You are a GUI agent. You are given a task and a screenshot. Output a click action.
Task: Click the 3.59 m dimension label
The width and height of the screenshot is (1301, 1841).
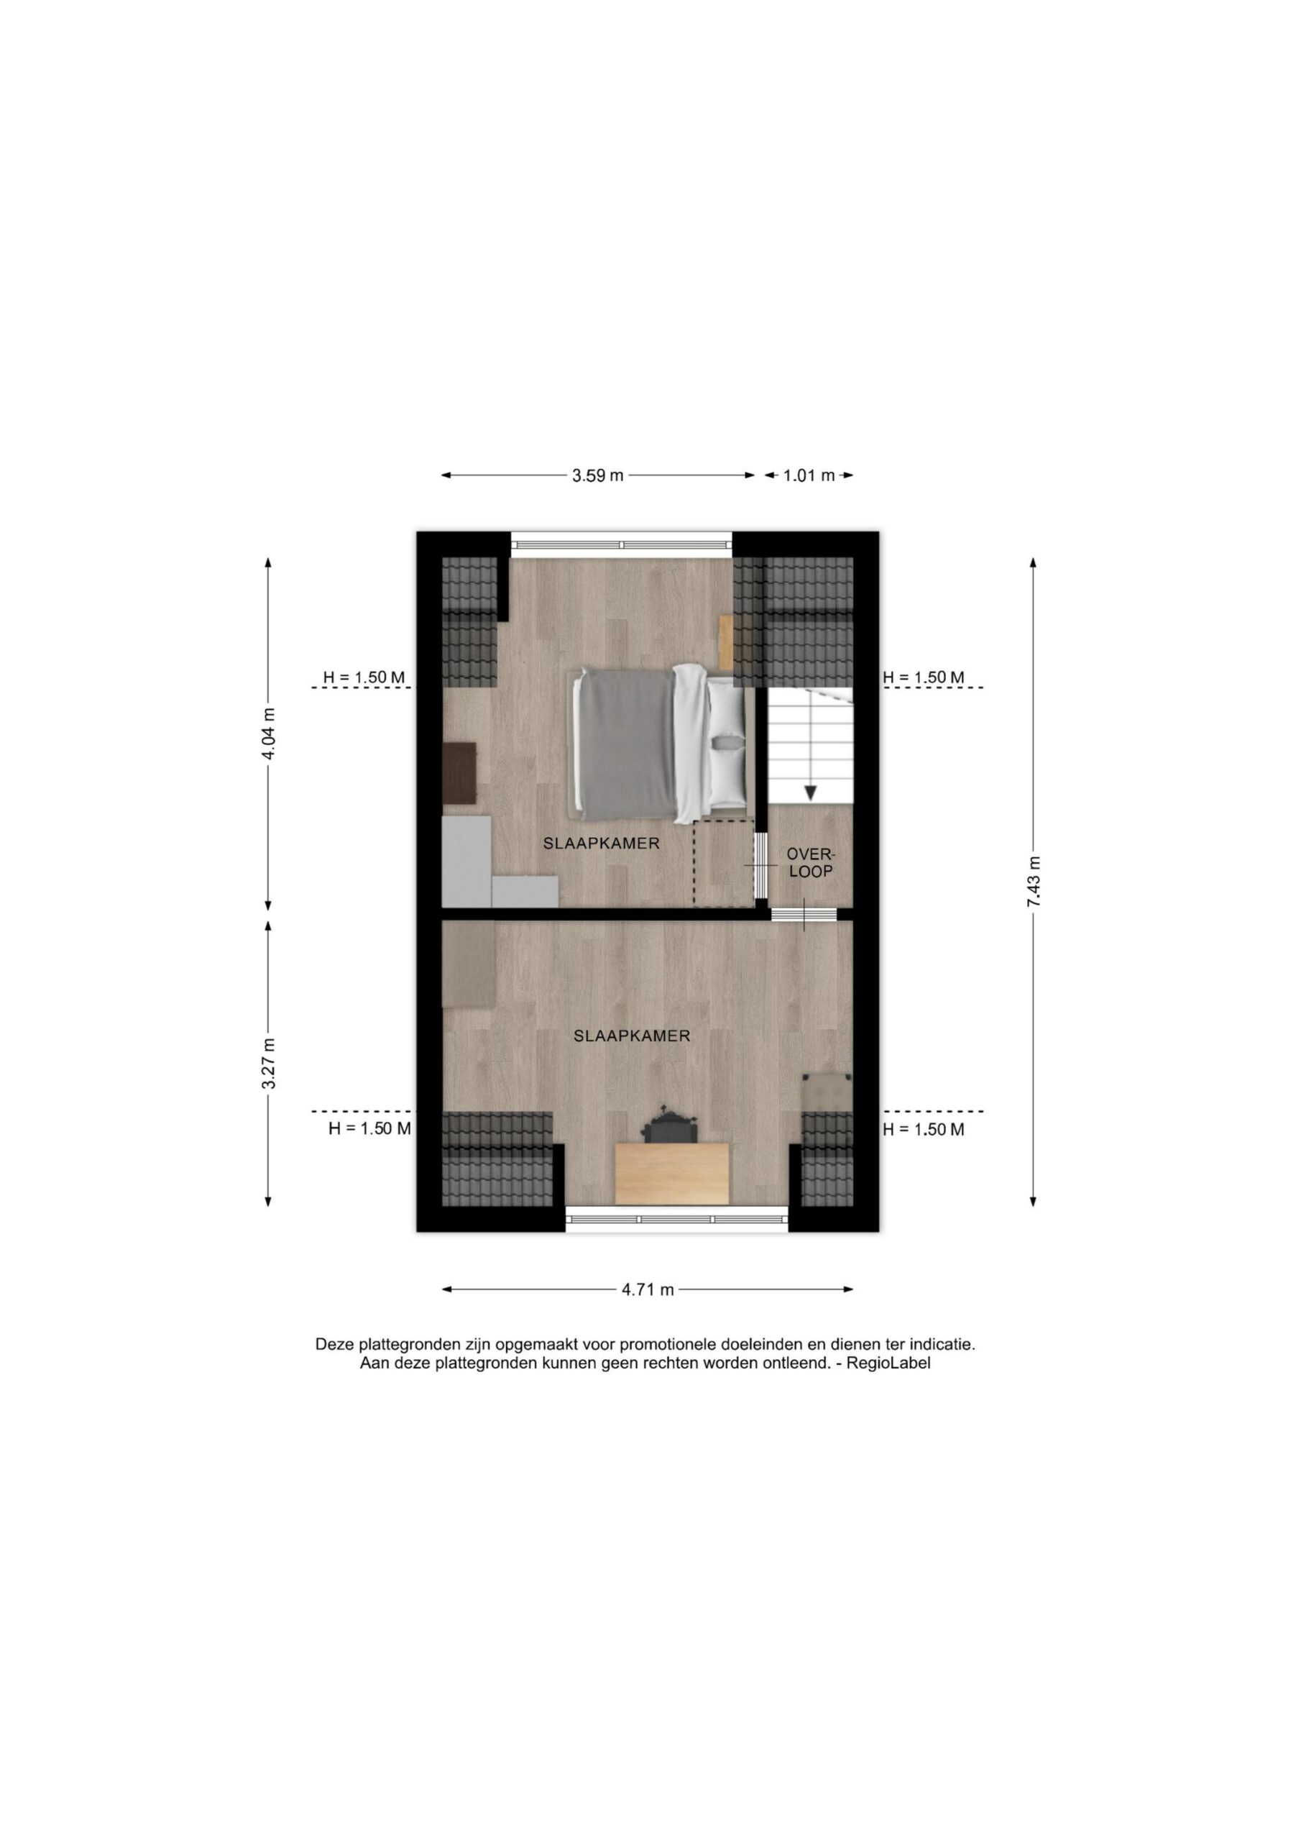(x=597, y=475)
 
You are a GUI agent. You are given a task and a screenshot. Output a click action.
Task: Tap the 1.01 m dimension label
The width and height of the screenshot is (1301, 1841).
(x=809, y=475)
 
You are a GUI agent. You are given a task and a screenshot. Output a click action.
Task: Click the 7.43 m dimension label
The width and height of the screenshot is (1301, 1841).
(x=1034, y=881)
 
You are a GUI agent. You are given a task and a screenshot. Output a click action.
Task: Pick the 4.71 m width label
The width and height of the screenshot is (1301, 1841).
(x=648, y=1289)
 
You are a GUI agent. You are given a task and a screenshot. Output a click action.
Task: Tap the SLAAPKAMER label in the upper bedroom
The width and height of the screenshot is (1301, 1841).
(x=601, y=844)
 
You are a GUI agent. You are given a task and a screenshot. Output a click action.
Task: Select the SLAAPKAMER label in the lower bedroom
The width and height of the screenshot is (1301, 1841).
(x=632, y=1036)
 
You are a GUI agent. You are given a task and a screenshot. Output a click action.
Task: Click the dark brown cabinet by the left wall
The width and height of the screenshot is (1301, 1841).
(x=459, y=772)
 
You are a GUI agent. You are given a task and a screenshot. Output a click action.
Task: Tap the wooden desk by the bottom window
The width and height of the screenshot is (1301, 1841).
(x=672, y=1173)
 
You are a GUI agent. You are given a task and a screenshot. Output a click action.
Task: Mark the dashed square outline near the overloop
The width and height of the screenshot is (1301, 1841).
(x=724, y=863)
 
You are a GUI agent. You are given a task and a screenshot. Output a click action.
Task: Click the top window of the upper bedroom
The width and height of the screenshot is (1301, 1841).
(x=622, y=545)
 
